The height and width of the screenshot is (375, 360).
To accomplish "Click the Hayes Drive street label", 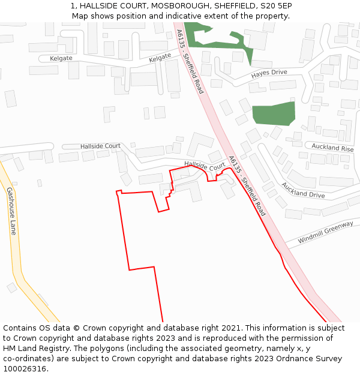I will [x=269, y=73].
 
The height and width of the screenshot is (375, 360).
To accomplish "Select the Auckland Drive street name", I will [x=303, y=190].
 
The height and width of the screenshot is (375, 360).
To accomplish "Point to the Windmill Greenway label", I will [x=325, y=232].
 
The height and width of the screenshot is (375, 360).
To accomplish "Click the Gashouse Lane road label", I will [x=11, y=211].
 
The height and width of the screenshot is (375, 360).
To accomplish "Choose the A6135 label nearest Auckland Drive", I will [x=246, y=186].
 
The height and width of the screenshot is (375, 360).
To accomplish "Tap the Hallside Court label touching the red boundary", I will [x=205, y=165].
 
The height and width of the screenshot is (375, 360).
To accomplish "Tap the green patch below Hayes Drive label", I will [x=274, y=113].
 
